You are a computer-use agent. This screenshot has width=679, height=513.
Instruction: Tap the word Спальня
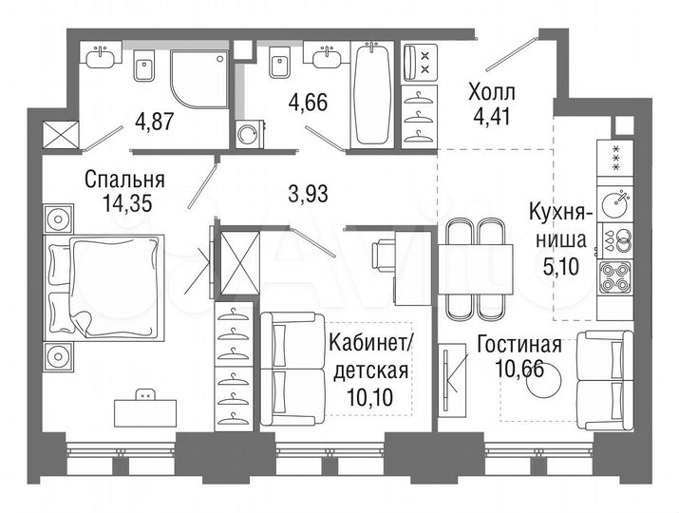tap(124, 179)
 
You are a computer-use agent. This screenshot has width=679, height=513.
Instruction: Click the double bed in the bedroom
tap(104, 287)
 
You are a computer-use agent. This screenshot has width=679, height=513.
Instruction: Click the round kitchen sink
tap(618, 202)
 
